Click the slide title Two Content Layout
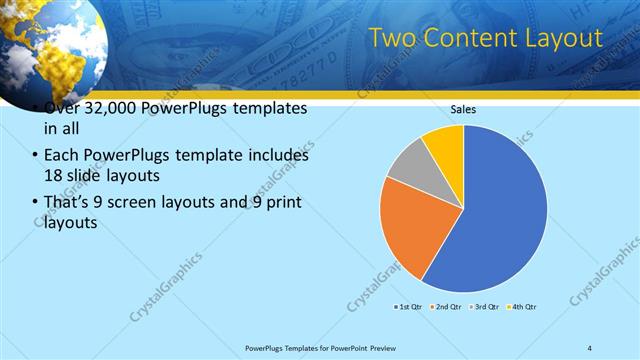(x=486, y=38)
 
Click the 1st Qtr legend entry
(x=408, y=306)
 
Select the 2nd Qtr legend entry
(x=445, y=306)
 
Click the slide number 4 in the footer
(x=590, y=347)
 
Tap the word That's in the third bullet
(x=66, y=203)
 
